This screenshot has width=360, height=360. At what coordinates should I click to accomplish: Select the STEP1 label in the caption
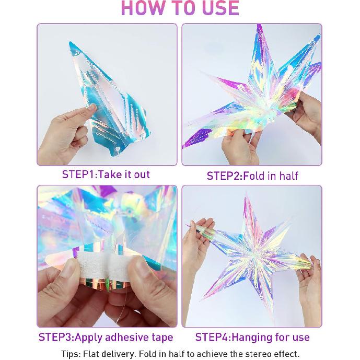point(78,175)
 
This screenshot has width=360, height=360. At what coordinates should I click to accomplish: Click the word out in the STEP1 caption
point(141,175)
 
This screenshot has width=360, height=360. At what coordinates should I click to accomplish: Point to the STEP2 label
point(223,176)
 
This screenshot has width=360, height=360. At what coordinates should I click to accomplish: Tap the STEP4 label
point(212,337)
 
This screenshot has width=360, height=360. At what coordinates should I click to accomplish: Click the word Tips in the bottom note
point(71,354)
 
